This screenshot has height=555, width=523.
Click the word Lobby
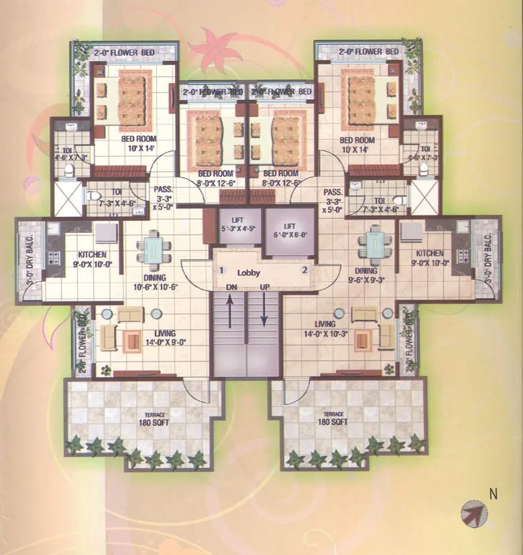[x=248, y=272]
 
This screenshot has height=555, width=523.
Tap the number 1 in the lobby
[x=221, y=270]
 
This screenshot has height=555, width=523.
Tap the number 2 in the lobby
[x=304, y=270]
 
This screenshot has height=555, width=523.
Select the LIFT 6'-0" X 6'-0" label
[x=290, y=231]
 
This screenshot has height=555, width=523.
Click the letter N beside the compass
[x=493, y=495]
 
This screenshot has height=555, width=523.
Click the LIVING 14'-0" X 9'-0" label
[x=164, y=337]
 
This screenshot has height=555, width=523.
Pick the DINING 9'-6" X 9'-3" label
[x=367, y=276]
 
